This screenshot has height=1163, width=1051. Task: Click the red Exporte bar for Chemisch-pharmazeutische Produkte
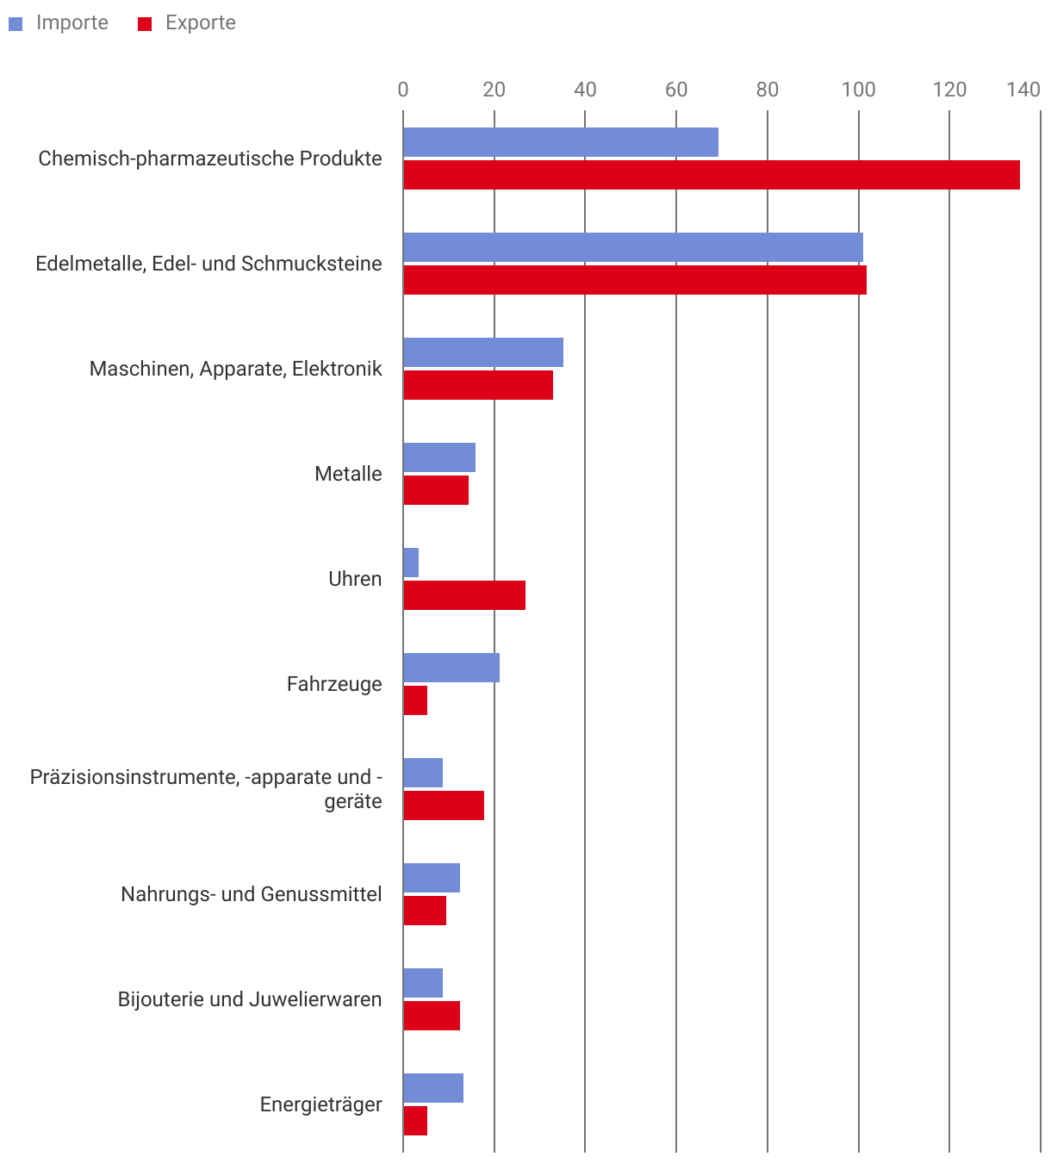(712, 175)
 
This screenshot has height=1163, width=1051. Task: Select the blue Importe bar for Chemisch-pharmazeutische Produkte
(561, 142)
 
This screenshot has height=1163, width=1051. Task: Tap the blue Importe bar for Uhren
(411, 563)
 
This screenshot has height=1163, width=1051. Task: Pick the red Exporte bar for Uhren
(464, 595)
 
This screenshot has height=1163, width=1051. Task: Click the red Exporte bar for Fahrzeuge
(415, 700)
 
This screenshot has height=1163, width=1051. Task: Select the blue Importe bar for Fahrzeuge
(451, 668)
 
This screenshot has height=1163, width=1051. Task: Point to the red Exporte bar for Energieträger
(415, 1121)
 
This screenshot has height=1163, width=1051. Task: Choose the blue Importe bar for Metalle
(439, 457)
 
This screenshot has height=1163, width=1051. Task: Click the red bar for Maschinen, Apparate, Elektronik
(478, 385)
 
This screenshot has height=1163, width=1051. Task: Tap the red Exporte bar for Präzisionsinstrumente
(444, 805)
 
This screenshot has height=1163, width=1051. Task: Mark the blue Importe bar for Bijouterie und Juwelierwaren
(423, 983)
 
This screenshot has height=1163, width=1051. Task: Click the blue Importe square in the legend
(16, 24)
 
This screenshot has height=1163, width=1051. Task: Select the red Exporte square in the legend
(145, 24)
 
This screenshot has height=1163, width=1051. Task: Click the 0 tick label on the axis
(403, 90)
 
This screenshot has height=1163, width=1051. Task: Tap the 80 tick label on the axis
(768, 90)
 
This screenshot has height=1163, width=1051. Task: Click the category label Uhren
(355, 579)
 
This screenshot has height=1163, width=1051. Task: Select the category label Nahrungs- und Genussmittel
(252, 894)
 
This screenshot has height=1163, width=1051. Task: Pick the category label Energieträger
(321, 1104)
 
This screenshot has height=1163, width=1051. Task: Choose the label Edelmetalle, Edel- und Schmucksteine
(209, 264)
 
